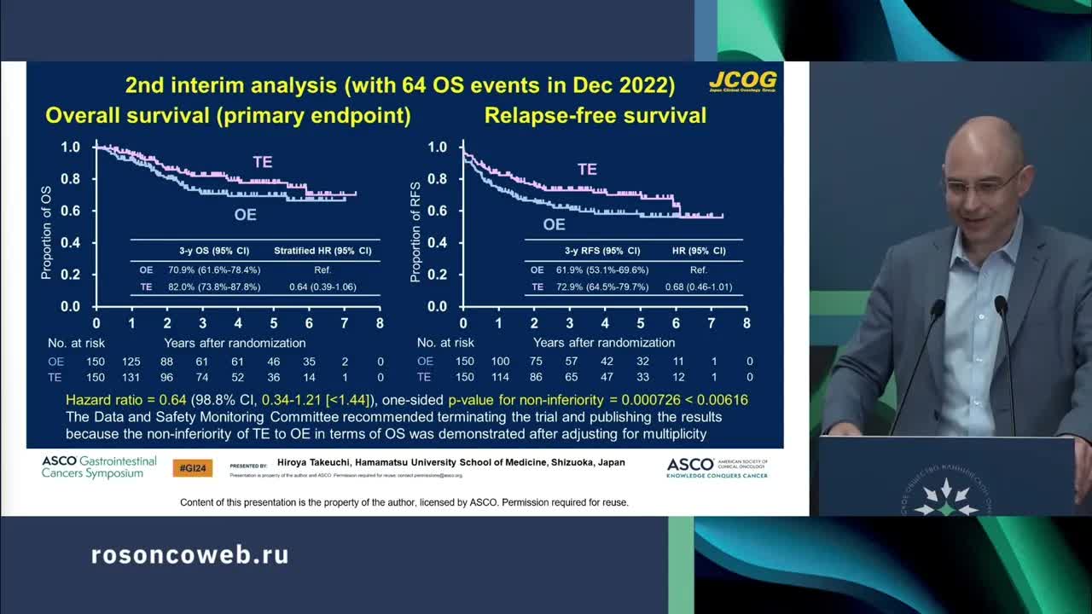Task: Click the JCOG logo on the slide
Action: [742, 81]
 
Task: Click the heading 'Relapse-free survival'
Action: [595, 115]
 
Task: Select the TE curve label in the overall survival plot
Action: [262, 162]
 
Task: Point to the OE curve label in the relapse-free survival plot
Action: [554, 224]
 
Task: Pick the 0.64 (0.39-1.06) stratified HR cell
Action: [322, 287]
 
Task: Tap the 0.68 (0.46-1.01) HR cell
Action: [698, 287]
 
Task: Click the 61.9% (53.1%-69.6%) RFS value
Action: [601, 269]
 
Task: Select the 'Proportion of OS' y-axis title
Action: [47, 232]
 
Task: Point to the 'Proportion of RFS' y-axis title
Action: [415, 232]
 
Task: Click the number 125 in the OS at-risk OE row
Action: [131, 361]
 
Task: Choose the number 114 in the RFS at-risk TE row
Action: [499, 377]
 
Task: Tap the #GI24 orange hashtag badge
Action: [193, 467]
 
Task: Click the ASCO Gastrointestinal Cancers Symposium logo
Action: [99, 466]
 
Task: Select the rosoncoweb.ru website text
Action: [189, 555]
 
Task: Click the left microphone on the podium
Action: [937, 307]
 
